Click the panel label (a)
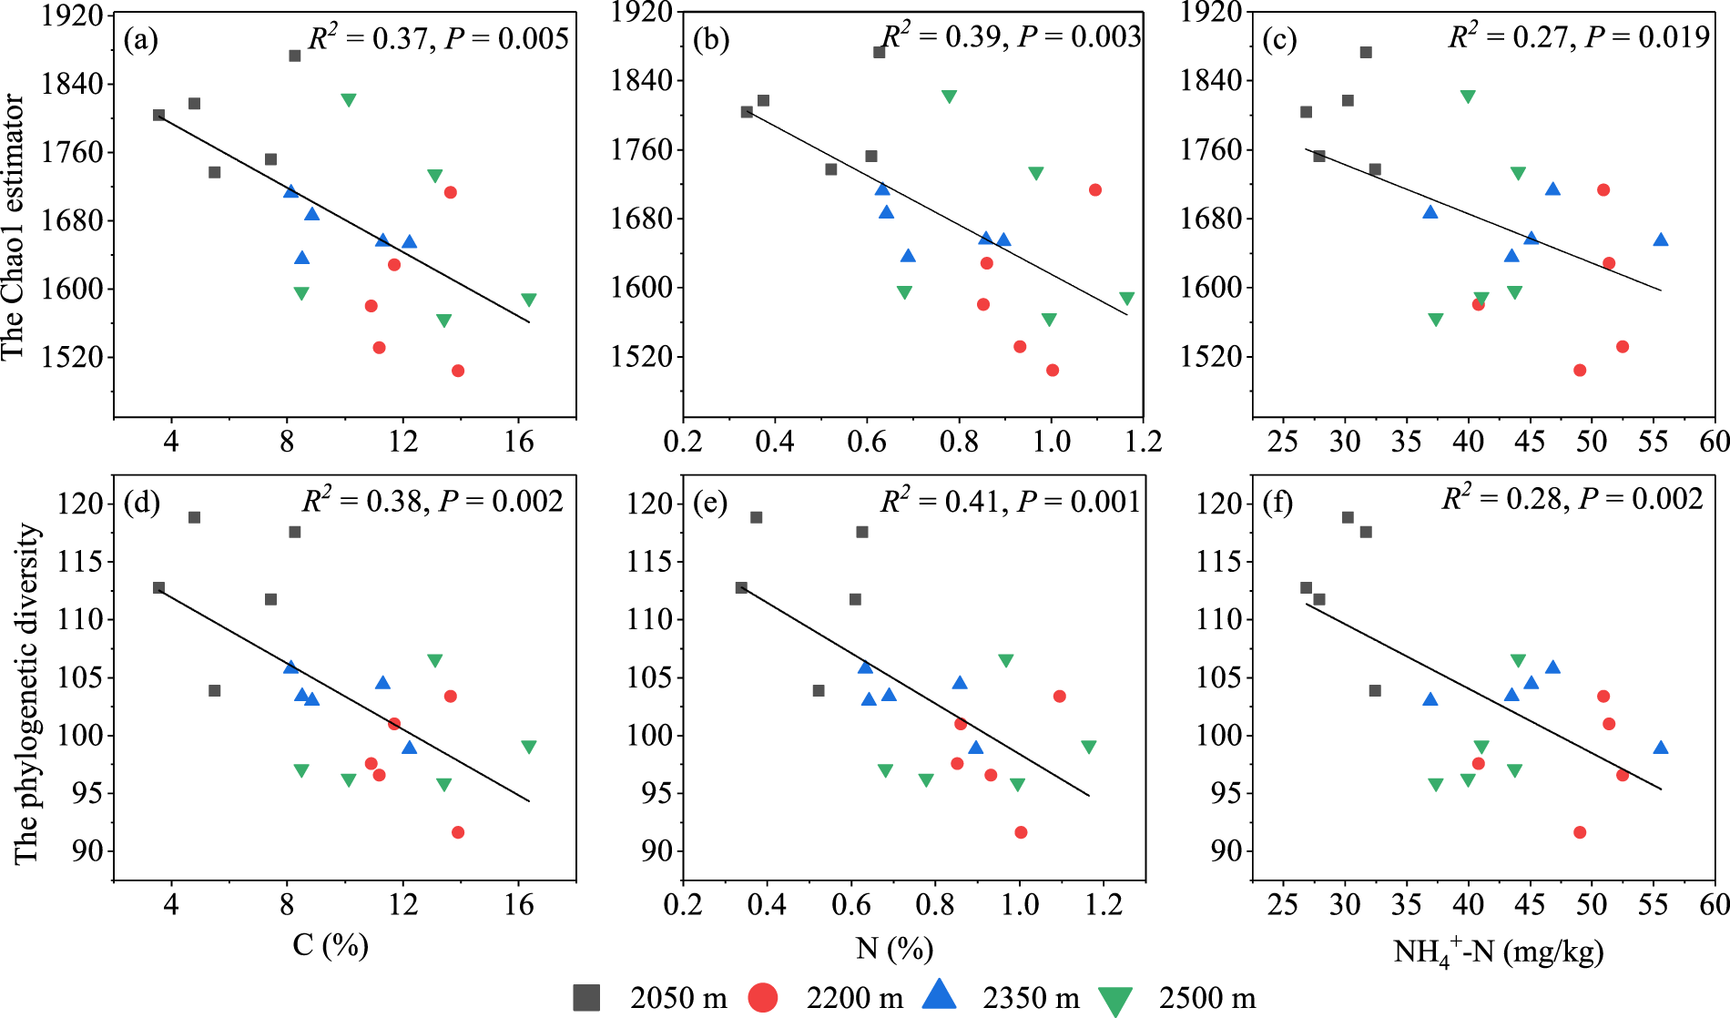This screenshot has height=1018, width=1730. pyautogui.click(x=141, y=40)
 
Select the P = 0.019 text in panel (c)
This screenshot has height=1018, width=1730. pyautogui.click(x=1647, y=36)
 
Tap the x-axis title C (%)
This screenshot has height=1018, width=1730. pyautogui.click(x=330, y=945)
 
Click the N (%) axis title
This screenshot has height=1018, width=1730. pyautogui.click(x=894, y=949)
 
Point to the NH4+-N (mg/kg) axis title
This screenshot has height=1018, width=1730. pyautogui.click(x=1498, y=952)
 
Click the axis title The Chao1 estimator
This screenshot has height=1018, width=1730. pyautogui.click(x=13, y=228)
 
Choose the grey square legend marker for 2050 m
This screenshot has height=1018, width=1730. pyautogui.click(x=586, y=997)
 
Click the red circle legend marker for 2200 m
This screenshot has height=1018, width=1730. pyautogui.click(x=762, y=997)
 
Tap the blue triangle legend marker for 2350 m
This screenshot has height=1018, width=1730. pyautogui.click(x=939, y=995)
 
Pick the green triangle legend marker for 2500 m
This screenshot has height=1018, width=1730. pyautogui.click(x=1114, y=1000)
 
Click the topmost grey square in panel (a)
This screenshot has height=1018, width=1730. pyautogui.click(x=295, y=56)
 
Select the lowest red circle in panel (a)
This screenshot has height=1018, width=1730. pyautogui.click(x=458, y=371)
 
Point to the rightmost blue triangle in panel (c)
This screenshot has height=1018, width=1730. pyautogui.click(x=1661, y=239)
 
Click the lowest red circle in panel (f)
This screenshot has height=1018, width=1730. pyautogui.click(x=1580, y=832)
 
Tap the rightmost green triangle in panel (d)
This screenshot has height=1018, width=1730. pyautogui.click(x=529, y=747)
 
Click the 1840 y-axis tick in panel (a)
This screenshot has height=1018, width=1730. pyautogui.click(x=72, y=83)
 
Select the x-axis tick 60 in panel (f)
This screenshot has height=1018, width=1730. pyautogui.click(x=1715, y=904)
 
